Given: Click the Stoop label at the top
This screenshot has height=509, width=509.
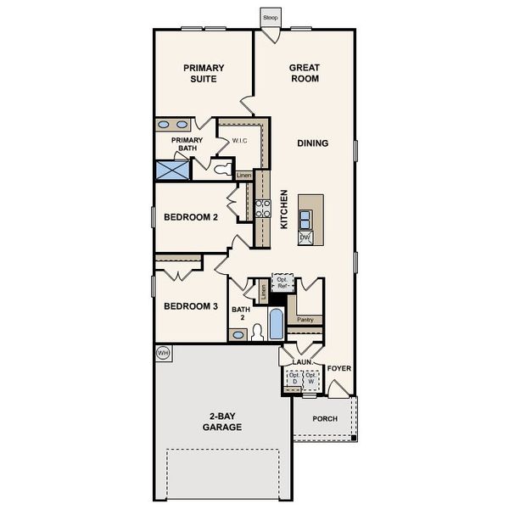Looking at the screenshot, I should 270,17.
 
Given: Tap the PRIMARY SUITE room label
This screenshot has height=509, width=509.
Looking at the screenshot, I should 204,73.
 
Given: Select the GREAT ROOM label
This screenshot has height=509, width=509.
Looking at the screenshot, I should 304,73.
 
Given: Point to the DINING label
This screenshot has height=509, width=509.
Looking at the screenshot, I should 312,143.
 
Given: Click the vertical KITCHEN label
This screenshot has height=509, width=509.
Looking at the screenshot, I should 284,210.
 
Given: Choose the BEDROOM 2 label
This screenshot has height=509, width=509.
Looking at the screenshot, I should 191,218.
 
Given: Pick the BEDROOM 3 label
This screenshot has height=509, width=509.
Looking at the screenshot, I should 191,306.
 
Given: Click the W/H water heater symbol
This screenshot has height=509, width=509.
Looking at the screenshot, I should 163,352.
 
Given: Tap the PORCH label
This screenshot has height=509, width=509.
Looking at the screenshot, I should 325,419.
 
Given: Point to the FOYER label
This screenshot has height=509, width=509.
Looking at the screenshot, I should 339,368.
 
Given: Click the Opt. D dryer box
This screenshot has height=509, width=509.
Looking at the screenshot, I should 294,380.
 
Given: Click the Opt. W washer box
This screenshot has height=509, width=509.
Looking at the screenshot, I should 311,380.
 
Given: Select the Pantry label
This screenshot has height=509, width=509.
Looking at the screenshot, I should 305,320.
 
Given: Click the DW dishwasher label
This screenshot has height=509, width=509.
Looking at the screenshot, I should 305,238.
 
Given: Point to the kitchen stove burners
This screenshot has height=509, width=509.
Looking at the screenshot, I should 263,208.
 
